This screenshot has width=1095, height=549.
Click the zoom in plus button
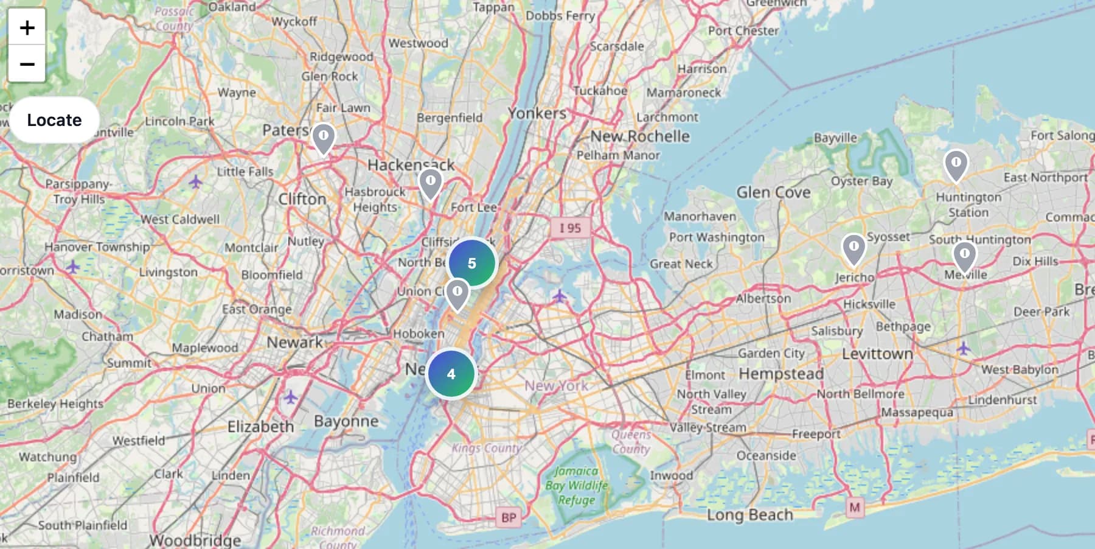(x=27, y=27)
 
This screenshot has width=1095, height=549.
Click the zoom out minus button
(x=27, y=64)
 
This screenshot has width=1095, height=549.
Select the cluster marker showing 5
(x=472, y=263)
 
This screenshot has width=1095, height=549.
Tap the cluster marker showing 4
(x=451, y=374)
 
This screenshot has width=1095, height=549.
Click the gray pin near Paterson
(x=324, y=138)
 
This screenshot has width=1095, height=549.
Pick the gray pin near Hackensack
(x=431, y=183)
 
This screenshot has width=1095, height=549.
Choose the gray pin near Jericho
(x=853, y=249)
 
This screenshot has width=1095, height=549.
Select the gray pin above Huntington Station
(x=956, y=165)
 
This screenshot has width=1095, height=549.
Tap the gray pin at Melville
(x=964, y=256)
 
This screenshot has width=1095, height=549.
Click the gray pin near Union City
(x=457, y=294)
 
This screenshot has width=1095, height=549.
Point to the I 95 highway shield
(x=570, y=228)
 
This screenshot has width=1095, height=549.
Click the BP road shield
(x=509, y=518)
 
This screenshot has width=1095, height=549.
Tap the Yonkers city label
(x=537, y=113)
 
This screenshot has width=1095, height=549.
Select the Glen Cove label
(x=773, y=192)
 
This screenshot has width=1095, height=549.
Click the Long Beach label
(x=749, y=515)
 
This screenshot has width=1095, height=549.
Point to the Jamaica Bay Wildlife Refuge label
(x=576, y=485)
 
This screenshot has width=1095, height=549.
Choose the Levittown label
(x=877, y=354)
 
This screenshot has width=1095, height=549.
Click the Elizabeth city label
(x=260, y=426)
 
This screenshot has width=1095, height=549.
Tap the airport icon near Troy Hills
(x=195, y=181)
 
